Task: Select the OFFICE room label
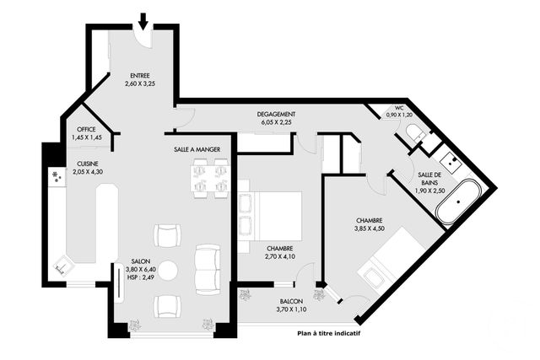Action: (86, 129)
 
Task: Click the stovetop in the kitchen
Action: (57, 176)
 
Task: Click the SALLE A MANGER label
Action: (197, 149)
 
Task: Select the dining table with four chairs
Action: (210, 178)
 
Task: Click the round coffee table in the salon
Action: (168, 271)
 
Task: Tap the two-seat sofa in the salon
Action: (207, 268)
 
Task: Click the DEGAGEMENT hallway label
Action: (276, 115)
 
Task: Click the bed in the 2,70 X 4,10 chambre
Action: (269, 216)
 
